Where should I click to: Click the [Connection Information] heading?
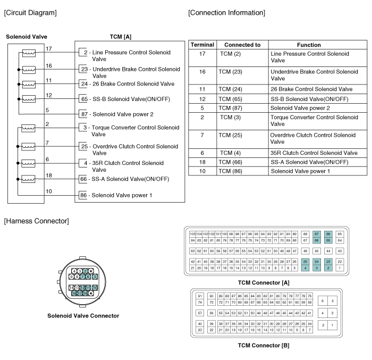coord(226,12)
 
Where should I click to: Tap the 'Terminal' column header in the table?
coord(201,45)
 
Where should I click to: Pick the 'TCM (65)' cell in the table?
coord(231,99)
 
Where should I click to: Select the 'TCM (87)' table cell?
coord(231,108)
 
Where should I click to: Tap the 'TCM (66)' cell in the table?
coord(231,162)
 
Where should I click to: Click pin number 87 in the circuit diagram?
coord(84,114)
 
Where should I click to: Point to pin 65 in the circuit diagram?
coord(84,99)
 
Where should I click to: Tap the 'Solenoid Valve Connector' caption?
coord(83,316)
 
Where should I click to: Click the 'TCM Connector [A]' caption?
coord(264,282)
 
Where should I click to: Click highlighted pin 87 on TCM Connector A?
coord(317,234)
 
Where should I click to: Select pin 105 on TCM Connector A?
coord(193,234)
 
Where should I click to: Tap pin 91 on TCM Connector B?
coord(200,296)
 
